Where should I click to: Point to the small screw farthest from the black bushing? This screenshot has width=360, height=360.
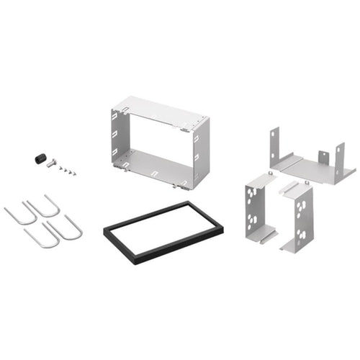point(75,174)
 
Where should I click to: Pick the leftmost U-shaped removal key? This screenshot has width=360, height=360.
point(19,215)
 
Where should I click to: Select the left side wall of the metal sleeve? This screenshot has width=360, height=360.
point(118,140)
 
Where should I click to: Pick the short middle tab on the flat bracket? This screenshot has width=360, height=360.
point(323,158)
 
